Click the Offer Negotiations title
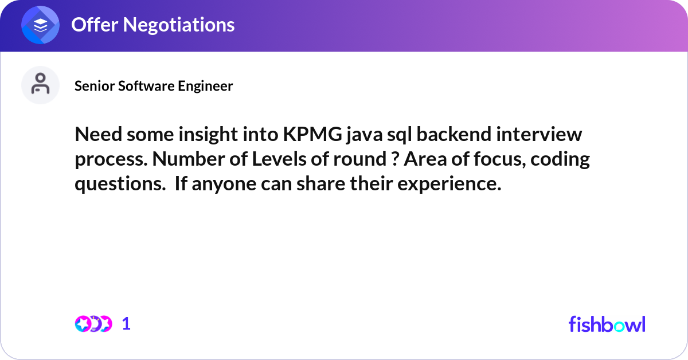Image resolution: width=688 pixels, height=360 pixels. click(153, 25)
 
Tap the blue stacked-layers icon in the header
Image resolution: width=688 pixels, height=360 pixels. click(40, 25)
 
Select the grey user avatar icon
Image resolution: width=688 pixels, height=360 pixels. click(40, 85)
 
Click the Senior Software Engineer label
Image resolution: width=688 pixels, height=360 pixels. click(154, 86)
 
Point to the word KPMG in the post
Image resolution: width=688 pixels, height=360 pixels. click(312, 134)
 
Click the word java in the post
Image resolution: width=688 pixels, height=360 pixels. click(364, 135)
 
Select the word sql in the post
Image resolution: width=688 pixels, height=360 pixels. click(399, 135)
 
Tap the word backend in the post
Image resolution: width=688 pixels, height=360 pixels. click(454, 134)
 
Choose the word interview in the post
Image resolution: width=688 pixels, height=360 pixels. click(539, 134)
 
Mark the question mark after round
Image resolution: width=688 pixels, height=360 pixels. click(395, 159)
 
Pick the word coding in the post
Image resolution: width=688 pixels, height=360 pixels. click(560, 160)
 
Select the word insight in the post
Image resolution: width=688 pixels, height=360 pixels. click(208, 135)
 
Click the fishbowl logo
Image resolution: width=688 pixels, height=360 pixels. click(607, 324)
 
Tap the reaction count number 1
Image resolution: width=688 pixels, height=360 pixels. click(126, 324)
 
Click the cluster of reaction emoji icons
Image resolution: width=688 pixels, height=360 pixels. click(93, 324)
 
